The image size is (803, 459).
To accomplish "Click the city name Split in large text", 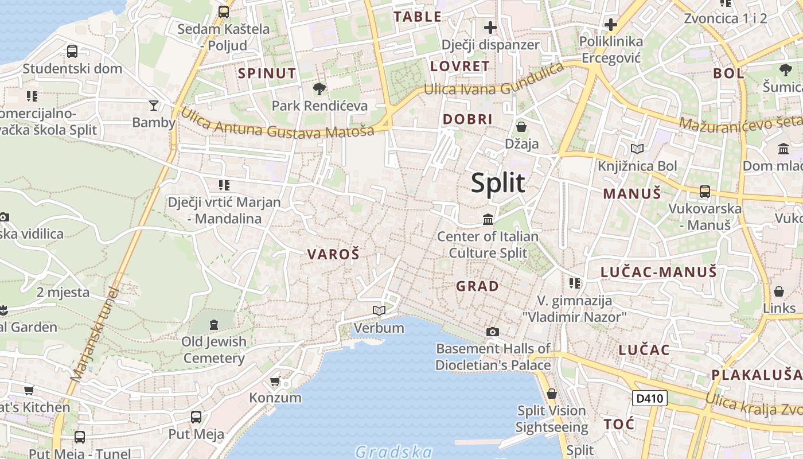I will click(498, 183).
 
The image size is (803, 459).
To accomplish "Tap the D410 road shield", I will click(650, 398).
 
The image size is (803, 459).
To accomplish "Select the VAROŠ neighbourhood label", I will click(333, 254).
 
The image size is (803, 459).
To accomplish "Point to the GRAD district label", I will click(477, 286).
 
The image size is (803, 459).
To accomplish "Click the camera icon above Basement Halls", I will click(492, 332).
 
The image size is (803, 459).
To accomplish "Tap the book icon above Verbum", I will click(379, 310).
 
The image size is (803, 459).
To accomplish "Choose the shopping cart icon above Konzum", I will click(275, 382).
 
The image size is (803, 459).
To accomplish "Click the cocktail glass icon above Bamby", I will click(153, 105).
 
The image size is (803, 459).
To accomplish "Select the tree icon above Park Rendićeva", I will click(319, 89).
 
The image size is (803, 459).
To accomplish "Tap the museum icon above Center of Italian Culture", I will click(488, 219).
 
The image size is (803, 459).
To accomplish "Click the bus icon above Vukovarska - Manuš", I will click(704, 192).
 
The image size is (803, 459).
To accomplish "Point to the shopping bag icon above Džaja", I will click(521, 126).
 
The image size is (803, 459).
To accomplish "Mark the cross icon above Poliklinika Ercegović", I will click(611, 25).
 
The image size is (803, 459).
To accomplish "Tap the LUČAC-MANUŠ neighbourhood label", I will click(658, 272).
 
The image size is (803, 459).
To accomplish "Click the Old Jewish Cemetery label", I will click(214, 350).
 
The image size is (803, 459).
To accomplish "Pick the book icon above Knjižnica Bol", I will click(637, 149).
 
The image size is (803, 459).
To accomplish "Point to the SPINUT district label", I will click(267, 73).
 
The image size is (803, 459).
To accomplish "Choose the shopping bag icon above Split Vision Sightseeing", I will click(551, 394).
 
